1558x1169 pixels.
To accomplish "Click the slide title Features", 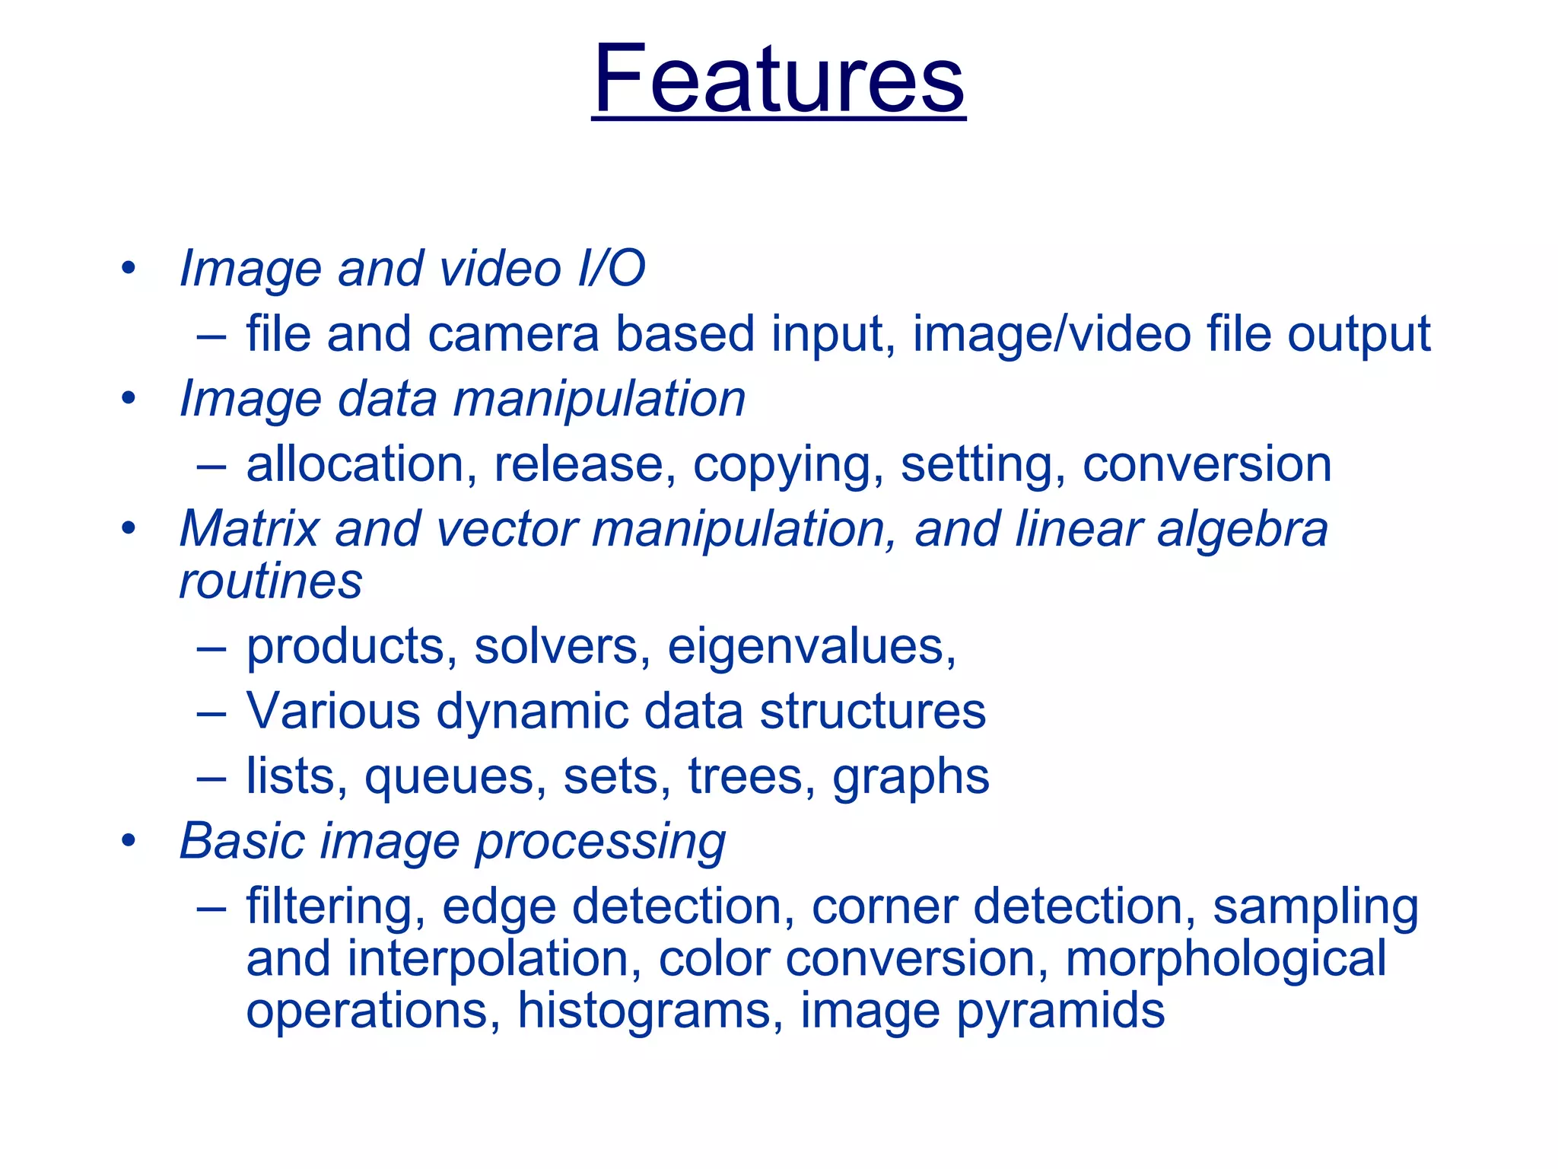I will [x=778, y=79].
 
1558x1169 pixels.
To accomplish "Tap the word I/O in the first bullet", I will [x=611, y=269].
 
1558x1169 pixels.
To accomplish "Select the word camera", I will [x=514, y=334].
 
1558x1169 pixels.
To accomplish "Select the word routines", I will [x=270, y=582].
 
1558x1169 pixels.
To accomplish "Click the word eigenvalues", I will [x=811, y=647].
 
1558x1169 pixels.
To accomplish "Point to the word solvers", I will [x=562, y=647].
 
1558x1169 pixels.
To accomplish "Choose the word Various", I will [x=333, y=712].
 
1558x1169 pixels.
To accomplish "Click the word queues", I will [x=455, y=778].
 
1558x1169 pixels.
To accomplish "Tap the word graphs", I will [x=911, y=778].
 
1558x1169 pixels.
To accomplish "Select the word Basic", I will [x=242, y=841].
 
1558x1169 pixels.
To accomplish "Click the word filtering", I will [x=335, y=907].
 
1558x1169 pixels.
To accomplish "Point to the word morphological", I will [x=1226, y=959].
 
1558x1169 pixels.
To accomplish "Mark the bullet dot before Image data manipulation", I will [x=128, y=398].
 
